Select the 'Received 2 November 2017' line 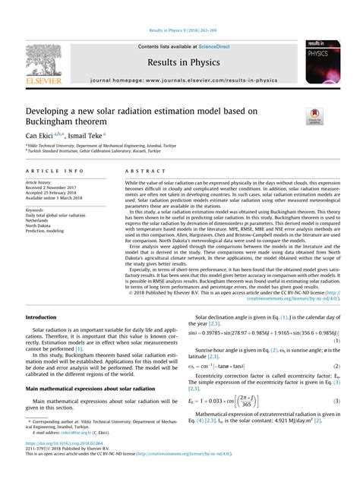click(x=57, y=188)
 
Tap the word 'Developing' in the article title click(x=52, y=111)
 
